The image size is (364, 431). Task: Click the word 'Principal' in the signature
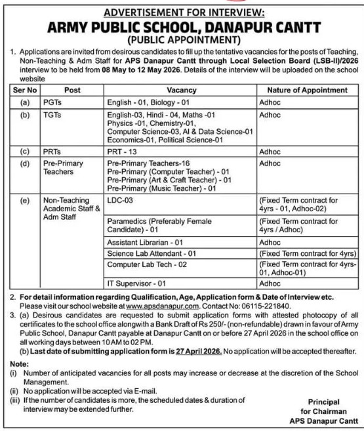coord(325,401)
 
